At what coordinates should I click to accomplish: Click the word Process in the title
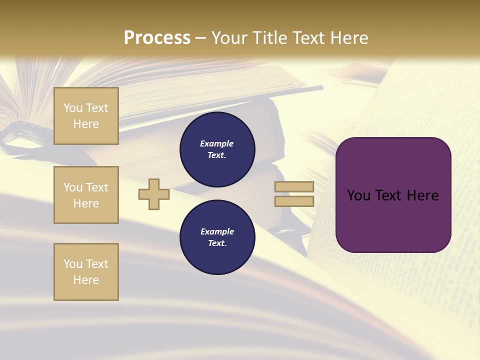(157, 38)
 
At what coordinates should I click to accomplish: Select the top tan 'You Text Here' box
(86, 116)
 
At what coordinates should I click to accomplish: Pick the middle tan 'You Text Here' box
(86, 195)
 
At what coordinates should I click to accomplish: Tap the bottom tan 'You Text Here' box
(86, 272)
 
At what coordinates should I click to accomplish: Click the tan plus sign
(154, 194)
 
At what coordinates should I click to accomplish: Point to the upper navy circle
(217, 149)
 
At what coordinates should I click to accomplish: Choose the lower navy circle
(217, 237)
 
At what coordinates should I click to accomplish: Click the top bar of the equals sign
(294, 186)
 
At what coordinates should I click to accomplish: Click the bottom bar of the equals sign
(294, 201)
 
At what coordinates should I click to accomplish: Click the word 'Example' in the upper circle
(217, 143)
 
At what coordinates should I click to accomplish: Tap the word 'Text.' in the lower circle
(217, 243)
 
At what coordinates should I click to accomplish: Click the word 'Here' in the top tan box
(86, 124)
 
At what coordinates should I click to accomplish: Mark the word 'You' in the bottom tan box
(73, 264)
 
